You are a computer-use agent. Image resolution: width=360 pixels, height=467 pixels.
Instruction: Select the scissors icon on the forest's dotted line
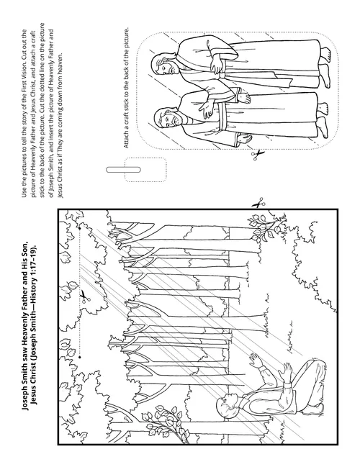point(84,297)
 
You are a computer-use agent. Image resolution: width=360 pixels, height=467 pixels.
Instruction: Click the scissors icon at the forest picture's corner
point(258,204)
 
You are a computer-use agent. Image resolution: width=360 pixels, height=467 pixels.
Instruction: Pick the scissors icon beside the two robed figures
point(258,155)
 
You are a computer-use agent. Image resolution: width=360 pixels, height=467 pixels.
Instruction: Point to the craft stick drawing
point(123,170)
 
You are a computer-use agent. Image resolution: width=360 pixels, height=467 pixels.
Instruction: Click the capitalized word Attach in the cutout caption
point(126,140)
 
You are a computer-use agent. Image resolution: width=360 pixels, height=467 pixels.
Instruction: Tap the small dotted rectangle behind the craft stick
point(145,170)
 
